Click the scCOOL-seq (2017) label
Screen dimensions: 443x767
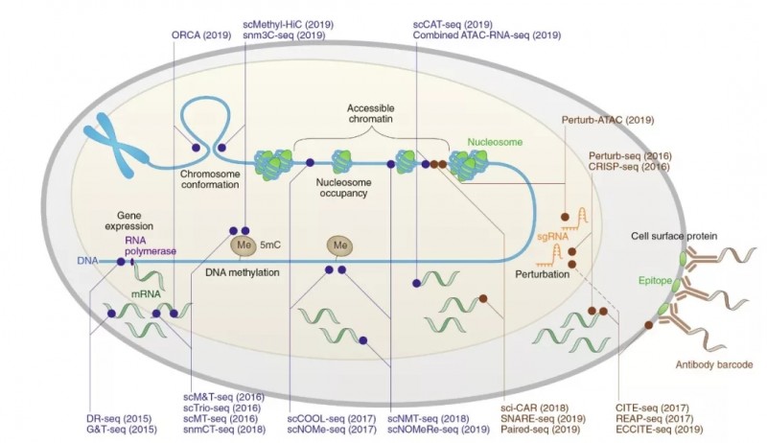click(329, 418)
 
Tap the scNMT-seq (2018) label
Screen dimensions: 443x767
click(428, 418)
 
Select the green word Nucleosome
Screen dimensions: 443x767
click(495, 142)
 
